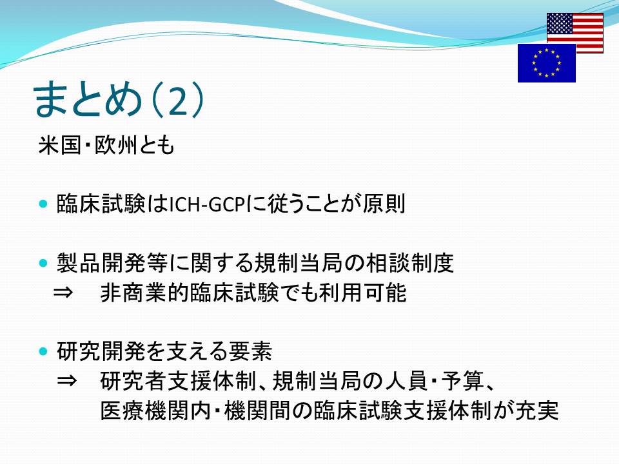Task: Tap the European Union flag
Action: [x=546, y=63]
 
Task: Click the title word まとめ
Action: [x=88, y=99]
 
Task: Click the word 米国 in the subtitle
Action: [x=59, y=145]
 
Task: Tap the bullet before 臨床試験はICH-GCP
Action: [x=43, y=204]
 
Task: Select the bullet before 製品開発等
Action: [x=43, y=263]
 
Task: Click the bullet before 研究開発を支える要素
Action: [x=43, y=351]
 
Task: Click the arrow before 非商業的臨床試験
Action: [x=63, y=293]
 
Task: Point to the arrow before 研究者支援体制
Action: [x=66, y=381]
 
